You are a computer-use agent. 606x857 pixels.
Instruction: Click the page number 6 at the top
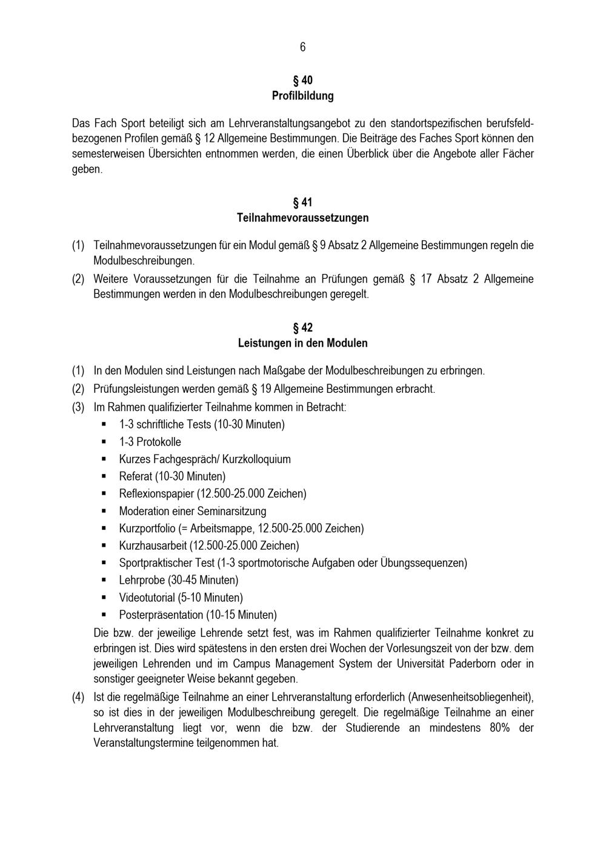point(302,47)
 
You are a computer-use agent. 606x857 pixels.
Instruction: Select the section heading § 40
point(302,80)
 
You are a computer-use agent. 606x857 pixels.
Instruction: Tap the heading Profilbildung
point(302,96)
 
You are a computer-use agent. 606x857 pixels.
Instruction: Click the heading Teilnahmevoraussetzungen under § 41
point(302,218)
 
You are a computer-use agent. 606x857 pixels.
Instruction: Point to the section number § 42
point(302,328)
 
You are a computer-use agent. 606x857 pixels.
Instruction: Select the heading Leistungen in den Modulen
point(302,343)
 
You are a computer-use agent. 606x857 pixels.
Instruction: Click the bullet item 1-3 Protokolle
point(150,442)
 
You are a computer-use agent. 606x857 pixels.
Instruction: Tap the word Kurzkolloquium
point(256,459)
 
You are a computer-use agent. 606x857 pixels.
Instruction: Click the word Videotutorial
point(147,598)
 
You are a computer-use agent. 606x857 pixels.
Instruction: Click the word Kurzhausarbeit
point(153,545)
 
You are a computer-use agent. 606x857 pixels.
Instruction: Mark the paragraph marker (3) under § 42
point(78,407)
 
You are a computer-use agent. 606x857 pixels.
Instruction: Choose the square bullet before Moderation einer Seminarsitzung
point(104,511)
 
